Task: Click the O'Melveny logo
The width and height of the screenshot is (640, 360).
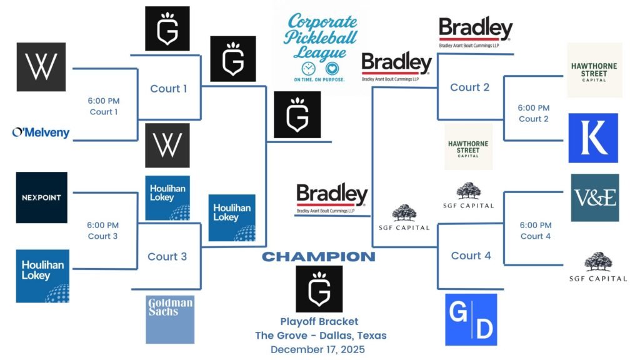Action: pos(41,132)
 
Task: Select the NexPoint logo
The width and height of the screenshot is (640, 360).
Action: pos(42,197)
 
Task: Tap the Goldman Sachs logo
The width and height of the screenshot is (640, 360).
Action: pos(170,319)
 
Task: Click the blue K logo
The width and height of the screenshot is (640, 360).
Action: pos(593,138)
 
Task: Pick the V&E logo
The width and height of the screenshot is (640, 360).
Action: pos(594,197)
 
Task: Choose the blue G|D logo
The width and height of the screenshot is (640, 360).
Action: pos(471,319)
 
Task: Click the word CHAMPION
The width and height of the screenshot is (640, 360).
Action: pos(319,257)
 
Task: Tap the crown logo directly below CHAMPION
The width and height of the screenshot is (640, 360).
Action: pos(319,289)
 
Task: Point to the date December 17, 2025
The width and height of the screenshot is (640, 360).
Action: pos(319,349)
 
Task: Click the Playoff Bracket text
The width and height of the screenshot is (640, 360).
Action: pos(319,322)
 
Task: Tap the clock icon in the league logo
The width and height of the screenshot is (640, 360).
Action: pos(308,68)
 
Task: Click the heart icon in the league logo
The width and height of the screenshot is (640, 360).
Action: pos(332,68)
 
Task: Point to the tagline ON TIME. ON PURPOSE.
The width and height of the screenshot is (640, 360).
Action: pos(319,80)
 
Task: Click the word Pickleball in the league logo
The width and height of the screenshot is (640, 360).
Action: pos(320,37)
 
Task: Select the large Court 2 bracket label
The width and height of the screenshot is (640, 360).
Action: pos(469,87)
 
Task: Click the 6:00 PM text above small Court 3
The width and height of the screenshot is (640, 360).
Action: pos(102,225)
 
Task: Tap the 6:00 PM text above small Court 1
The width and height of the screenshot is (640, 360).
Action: pos(103,101)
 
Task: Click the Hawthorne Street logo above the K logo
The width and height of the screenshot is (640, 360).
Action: pos(594,69)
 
